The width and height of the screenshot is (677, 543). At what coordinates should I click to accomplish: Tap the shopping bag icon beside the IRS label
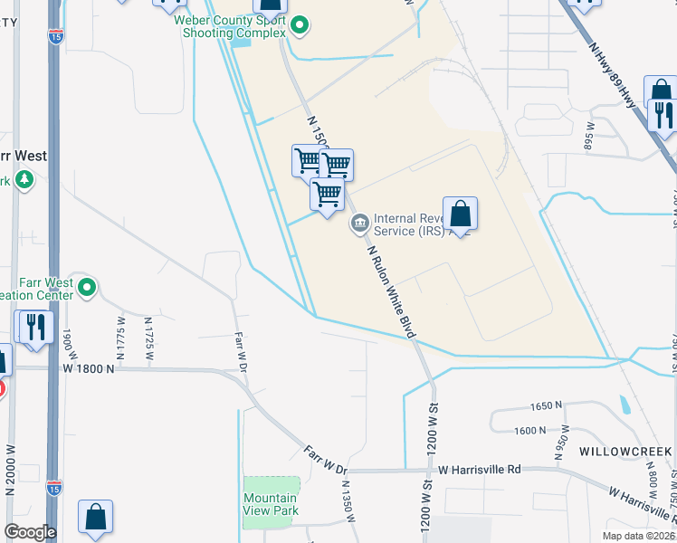tap(460, 214)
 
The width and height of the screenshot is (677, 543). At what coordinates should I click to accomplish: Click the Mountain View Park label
tap(270, 504)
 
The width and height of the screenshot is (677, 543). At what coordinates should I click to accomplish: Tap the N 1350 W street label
tap(345, 500)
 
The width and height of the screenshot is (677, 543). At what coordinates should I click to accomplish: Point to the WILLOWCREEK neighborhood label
tap(626, 451)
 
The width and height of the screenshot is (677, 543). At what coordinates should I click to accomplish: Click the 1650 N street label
tap(546, 405)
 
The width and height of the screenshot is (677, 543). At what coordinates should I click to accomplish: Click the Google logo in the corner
tap(29, 532)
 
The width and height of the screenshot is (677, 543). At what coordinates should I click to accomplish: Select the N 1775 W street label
tap(121, 335)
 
